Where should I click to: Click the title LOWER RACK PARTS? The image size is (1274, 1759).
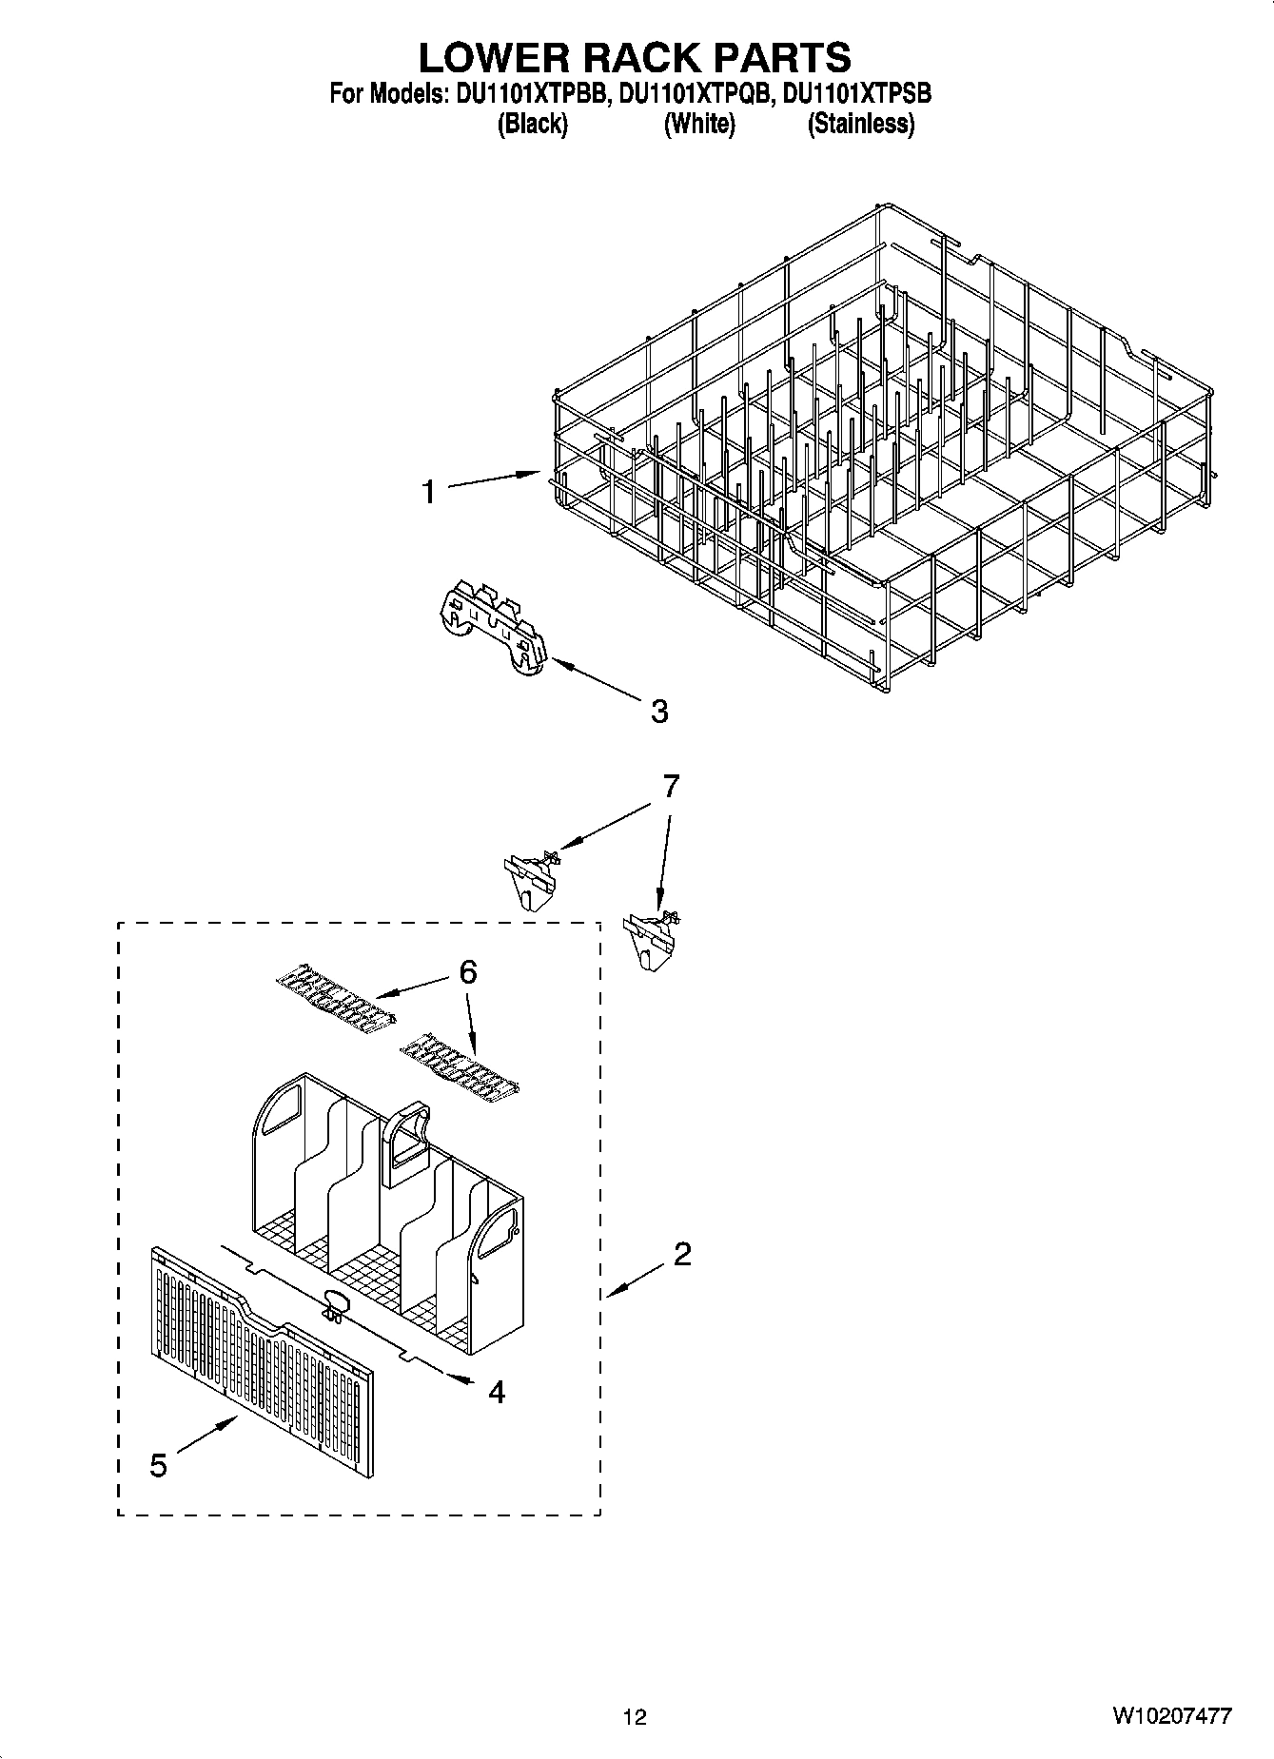(x=635, y=58)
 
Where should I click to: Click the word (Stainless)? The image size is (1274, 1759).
(x=861, y=124)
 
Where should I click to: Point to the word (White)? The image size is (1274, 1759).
(x=699, y=124)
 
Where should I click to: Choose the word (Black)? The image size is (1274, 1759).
(x=533, y=124)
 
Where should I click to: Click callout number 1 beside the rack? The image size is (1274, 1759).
(x=429, y=492)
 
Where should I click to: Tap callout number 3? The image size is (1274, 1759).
(x=658, y=711)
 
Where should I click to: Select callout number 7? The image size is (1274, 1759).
(x=671, y=786)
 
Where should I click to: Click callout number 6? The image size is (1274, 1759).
(x=468, y=971)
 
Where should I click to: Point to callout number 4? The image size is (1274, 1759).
(x=496, y=1393)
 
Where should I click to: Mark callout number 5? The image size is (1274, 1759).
(x=158, y=1466)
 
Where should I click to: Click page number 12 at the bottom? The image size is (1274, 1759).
(x=635, y=1717)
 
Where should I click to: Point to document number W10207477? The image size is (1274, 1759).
(x=1170, y=1716)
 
